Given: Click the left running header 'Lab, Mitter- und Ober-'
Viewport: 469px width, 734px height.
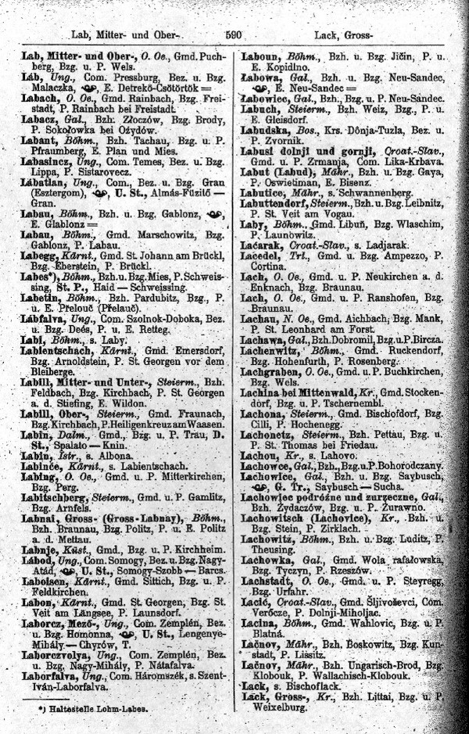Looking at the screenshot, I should tap(125, 34).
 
